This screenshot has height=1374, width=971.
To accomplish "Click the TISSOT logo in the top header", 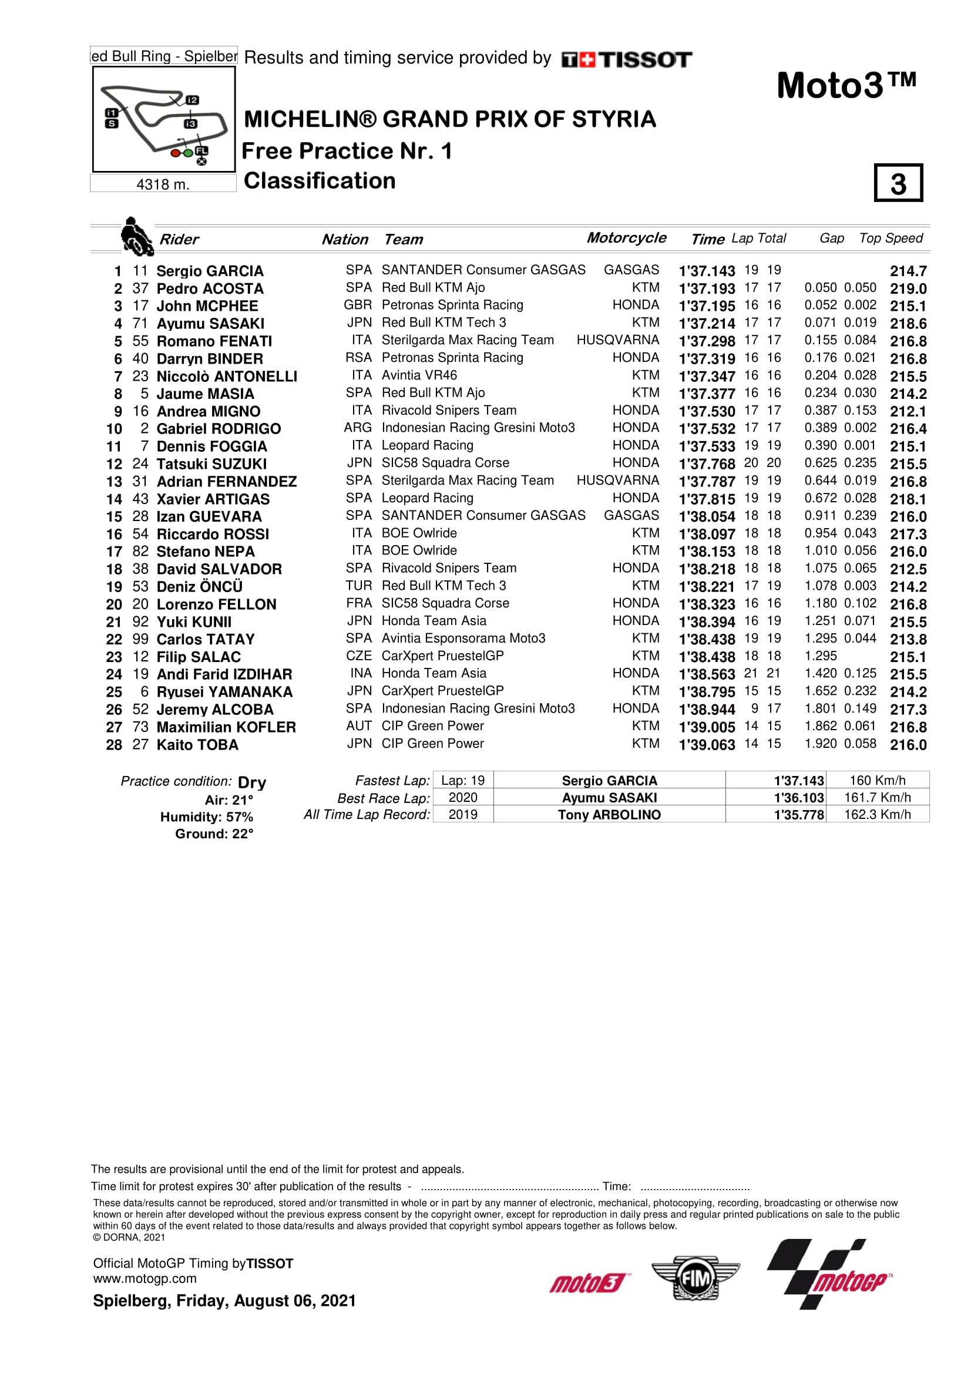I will coord(626,59).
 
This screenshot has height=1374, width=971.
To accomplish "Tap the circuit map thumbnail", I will coord(164,119).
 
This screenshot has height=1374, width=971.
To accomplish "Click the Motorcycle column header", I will coord(626,237).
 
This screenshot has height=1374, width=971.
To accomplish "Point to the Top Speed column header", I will coord(891,238).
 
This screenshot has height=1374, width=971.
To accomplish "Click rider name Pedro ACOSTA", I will coord(209,288).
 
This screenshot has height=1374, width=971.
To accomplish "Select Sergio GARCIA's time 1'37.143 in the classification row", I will coord(706,271).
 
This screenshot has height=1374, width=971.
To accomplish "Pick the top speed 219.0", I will coord(908,288).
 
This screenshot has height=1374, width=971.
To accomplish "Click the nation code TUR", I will coord(358,586).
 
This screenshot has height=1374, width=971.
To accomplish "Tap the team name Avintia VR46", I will coord(419,375).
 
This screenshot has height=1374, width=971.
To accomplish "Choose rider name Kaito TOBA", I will coord(197,745).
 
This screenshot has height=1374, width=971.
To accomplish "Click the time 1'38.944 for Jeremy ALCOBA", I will coord(706,710).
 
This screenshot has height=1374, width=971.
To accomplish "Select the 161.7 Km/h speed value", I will coord(876,797).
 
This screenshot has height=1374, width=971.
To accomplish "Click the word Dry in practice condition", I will coord(252,782).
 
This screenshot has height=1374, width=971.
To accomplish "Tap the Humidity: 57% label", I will coord(206,817).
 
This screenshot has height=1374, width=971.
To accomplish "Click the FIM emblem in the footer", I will coord(695,1279).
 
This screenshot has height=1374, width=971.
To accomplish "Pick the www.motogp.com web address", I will coord(145,1279).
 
